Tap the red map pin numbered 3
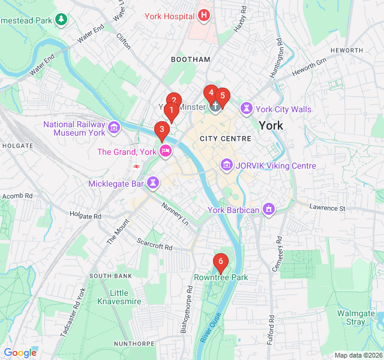coord(161,130)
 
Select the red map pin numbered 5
coord(222,95)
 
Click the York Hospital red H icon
coord(204,14)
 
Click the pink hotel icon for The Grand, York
coord(166,151)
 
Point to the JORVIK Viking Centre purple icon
coord(226,164)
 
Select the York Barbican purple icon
coord(268,209)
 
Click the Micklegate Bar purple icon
coord(154,182)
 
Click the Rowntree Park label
coord(221,278)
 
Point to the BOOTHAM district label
coord(191,59)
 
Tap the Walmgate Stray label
coord(352,317)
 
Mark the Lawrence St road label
coord(328,208)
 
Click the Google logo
coord(20,353)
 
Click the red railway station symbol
coord(137,166)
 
